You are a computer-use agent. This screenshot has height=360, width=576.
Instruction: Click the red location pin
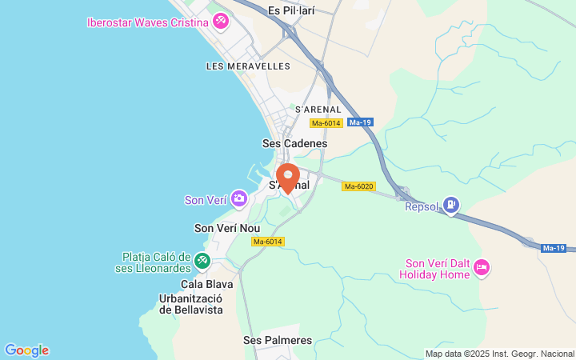tap(288, 177)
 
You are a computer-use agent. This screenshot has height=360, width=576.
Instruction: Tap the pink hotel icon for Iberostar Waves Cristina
tap(220, 22)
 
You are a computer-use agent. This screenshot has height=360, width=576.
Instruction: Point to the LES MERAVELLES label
tap(248, 66)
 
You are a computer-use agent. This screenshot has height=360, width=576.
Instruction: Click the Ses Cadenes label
tap(295, 143)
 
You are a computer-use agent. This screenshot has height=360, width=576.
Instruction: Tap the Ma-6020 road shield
tap(358, 186)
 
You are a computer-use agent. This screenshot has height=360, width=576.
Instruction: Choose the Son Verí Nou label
tap(227, 228)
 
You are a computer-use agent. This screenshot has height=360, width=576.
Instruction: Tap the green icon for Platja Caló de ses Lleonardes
tap(202, 261)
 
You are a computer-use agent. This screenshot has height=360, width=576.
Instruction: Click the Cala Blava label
tap(207, 284)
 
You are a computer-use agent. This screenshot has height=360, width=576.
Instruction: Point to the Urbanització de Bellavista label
tap(191, 304)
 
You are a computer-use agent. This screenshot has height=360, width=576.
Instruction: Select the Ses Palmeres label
tap(278, 340)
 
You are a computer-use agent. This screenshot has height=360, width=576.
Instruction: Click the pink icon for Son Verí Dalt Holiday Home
tap(482, 267)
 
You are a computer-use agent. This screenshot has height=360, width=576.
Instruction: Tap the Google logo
tap(26, 350)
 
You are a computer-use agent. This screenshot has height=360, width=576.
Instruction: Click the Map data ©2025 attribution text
tap(499, 354)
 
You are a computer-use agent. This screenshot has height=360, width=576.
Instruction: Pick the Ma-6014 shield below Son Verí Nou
tap(268, 241)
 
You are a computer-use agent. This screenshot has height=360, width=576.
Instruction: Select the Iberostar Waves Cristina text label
tap(148, 22)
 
